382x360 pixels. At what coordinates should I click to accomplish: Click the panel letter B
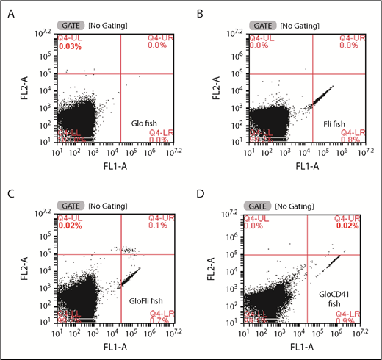pos(200,12)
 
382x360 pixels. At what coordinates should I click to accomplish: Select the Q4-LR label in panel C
pos(160,313)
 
